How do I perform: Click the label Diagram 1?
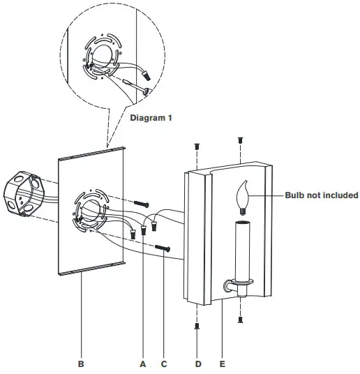(151, 118)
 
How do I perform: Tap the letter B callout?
(81, 364)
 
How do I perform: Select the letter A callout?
(143, 364)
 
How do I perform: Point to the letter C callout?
(165, 364)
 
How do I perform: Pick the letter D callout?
(197, 364)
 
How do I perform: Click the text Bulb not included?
(321, 195)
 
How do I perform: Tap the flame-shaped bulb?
(244, 197)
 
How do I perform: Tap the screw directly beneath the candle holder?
(241, 319)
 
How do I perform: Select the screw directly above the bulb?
(241, 140)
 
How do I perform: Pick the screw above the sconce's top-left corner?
(196, 147)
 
